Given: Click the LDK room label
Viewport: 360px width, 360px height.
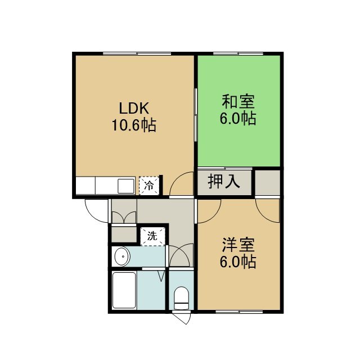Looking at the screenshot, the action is [134, 109].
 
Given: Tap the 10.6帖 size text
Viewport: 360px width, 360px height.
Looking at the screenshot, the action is [134, 125].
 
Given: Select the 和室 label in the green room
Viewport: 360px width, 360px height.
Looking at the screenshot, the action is [238, 102].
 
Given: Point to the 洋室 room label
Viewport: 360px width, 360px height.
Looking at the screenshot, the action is [238, 245].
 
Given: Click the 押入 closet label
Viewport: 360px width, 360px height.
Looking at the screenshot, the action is [224, 181].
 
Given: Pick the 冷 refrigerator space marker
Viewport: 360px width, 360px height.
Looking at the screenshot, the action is [148, 186].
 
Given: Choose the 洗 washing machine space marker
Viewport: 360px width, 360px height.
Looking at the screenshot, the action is [152, 236].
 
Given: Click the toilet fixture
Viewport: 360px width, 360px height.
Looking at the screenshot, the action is [181, 298].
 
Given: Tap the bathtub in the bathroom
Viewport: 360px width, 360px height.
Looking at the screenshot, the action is [124, 290].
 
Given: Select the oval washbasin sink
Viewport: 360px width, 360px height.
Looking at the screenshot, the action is [123, 256].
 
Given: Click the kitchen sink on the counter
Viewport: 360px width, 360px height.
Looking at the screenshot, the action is [126, 186].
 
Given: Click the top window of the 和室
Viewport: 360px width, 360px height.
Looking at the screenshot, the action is [238, 54].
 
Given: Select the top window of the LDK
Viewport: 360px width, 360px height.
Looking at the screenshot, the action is [137, 54].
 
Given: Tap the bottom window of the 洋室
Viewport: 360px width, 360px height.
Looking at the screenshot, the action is [239, 312].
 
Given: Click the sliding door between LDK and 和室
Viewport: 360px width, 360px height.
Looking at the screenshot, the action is [196, 115].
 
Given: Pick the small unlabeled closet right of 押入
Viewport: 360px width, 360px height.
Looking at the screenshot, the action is [268, 183].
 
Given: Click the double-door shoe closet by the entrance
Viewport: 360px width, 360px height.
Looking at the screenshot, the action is [124, 211].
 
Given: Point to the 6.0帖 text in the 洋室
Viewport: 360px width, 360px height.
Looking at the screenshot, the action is [238, 262].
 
